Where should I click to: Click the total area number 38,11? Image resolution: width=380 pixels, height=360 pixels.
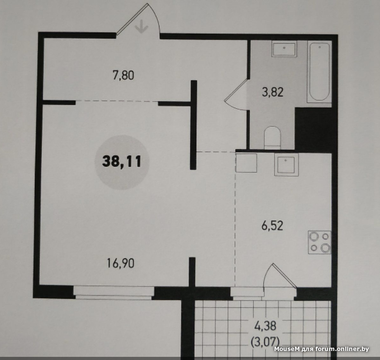122,162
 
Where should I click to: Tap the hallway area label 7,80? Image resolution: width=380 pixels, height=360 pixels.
123,75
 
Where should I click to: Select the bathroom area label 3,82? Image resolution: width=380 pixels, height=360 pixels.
273,92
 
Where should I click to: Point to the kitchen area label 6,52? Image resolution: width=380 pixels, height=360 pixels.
272,226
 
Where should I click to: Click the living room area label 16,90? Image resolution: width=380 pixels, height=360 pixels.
121,263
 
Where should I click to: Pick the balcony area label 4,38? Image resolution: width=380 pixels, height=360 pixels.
266,326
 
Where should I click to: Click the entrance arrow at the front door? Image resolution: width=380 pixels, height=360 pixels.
141,26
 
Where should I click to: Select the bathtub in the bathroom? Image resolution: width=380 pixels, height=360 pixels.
319,72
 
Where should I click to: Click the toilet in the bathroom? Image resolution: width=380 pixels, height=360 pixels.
272,137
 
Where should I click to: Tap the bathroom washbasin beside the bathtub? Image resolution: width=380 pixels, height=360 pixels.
284,49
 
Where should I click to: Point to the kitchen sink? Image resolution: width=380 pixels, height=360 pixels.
286,165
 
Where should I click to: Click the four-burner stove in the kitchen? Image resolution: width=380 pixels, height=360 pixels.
319,243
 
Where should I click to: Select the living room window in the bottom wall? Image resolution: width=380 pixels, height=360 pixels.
114,293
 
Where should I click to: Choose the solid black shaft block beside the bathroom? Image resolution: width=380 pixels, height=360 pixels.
313,128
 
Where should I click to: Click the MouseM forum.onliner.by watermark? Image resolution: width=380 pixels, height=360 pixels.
322,349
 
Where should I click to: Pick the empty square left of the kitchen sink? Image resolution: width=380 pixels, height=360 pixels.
246,163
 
